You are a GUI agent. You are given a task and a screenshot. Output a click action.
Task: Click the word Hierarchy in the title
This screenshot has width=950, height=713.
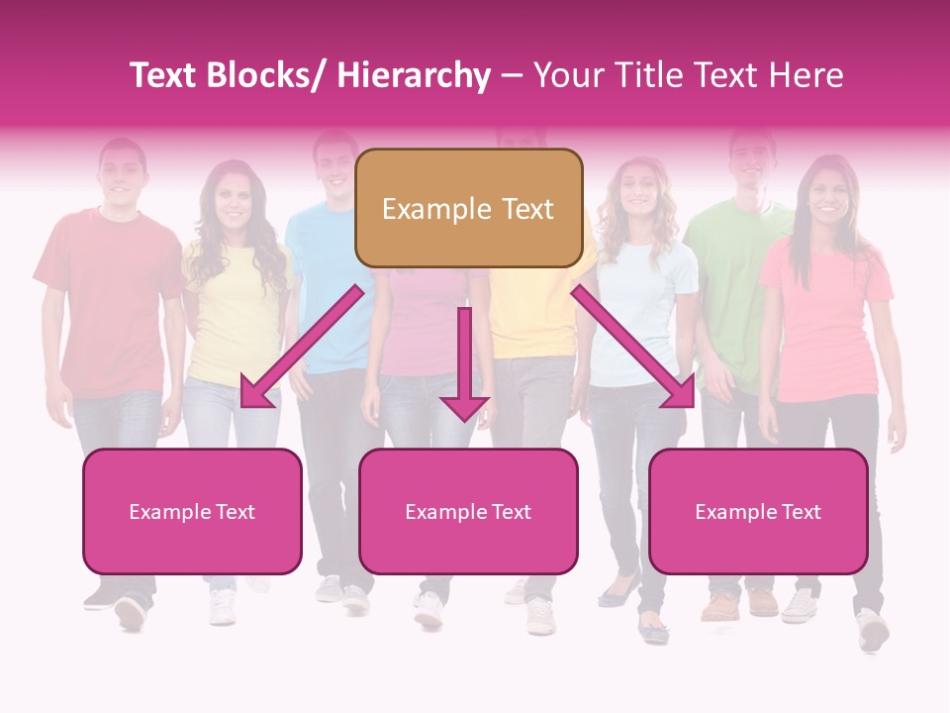(414, 75)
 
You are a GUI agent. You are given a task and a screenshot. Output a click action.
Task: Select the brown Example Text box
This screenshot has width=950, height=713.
(468, 209)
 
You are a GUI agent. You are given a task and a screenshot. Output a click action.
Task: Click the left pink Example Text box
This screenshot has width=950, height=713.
(192, 511)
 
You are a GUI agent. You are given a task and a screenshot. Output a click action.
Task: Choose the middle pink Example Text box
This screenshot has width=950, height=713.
(468, 511)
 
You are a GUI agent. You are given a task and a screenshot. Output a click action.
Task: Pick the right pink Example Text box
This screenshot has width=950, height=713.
(758, 511)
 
